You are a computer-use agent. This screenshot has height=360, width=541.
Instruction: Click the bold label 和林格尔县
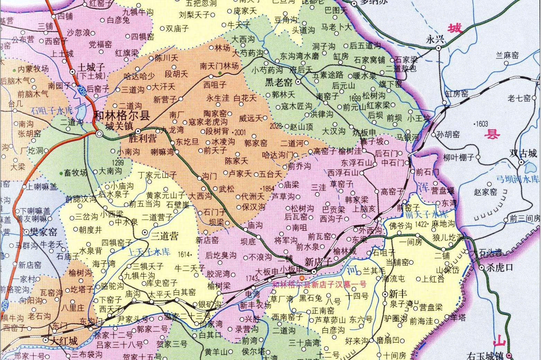[x=122, y=115]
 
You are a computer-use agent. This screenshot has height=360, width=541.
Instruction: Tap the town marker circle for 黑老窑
[x=298, y=82]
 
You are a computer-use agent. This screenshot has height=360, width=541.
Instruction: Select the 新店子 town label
[x=318, y=262]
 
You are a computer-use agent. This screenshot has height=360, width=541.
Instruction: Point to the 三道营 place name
[x=165, y=236]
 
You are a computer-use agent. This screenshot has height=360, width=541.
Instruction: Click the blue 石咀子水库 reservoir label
[x=52, y=111]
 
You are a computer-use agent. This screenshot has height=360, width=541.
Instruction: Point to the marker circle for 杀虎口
[x=481, y=268]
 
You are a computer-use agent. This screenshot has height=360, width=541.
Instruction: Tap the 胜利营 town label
[x=143, y=139]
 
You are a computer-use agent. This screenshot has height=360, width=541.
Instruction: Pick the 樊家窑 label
[x=44, y=232]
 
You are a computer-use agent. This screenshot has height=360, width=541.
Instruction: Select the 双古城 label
[x=523, y=153]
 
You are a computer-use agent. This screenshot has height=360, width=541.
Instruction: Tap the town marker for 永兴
[x=439, y=48]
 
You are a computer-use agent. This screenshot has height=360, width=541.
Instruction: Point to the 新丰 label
[x=398, y=294]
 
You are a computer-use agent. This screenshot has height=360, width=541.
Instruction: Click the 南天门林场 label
[x=219, y=65]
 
